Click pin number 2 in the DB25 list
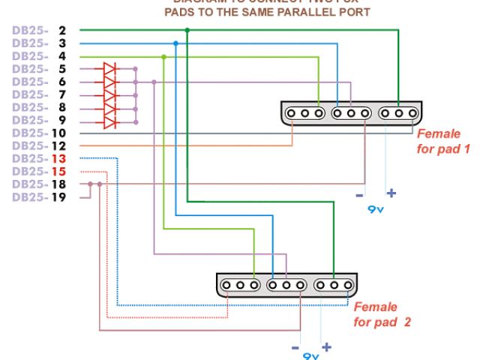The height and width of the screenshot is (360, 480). tap(61, 31)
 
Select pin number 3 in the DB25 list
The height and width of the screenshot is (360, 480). tap(61, 43)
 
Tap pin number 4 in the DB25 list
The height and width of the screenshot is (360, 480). tap(61, 56)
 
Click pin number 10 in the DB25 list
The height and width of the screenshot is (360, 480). tap(59, 133)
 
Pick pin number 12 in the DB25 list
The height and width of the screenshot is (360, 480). tap(59, 146)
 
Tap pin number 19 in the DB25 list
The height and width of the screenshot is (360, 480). tap(59, 197)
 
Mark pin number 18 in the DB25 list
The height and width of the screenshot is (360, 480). tap(59, 184)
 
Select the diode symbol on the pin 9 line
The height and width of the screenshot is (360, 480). tap(109, 121)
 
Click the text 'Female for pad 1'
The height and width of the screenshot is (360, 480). tap(442, 142)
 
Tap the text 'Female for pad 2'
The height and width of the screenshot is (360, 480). tap(382, 315)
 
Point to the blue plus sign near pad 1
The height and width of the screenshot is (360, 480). tap(390, 193)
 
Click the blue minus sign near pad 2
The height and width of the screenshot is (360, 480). tap(295, 349)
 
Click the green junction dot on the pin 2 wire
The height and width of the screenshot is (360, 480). tap(187, 31)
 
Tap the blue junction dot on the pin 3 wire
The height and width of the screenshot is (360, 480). tap(175, 43)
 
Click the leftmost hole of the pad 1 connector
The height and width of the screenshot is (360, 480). tap(293, 113)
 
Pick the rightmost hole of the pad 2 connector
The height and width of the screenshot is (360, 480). tap(347, 285)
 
